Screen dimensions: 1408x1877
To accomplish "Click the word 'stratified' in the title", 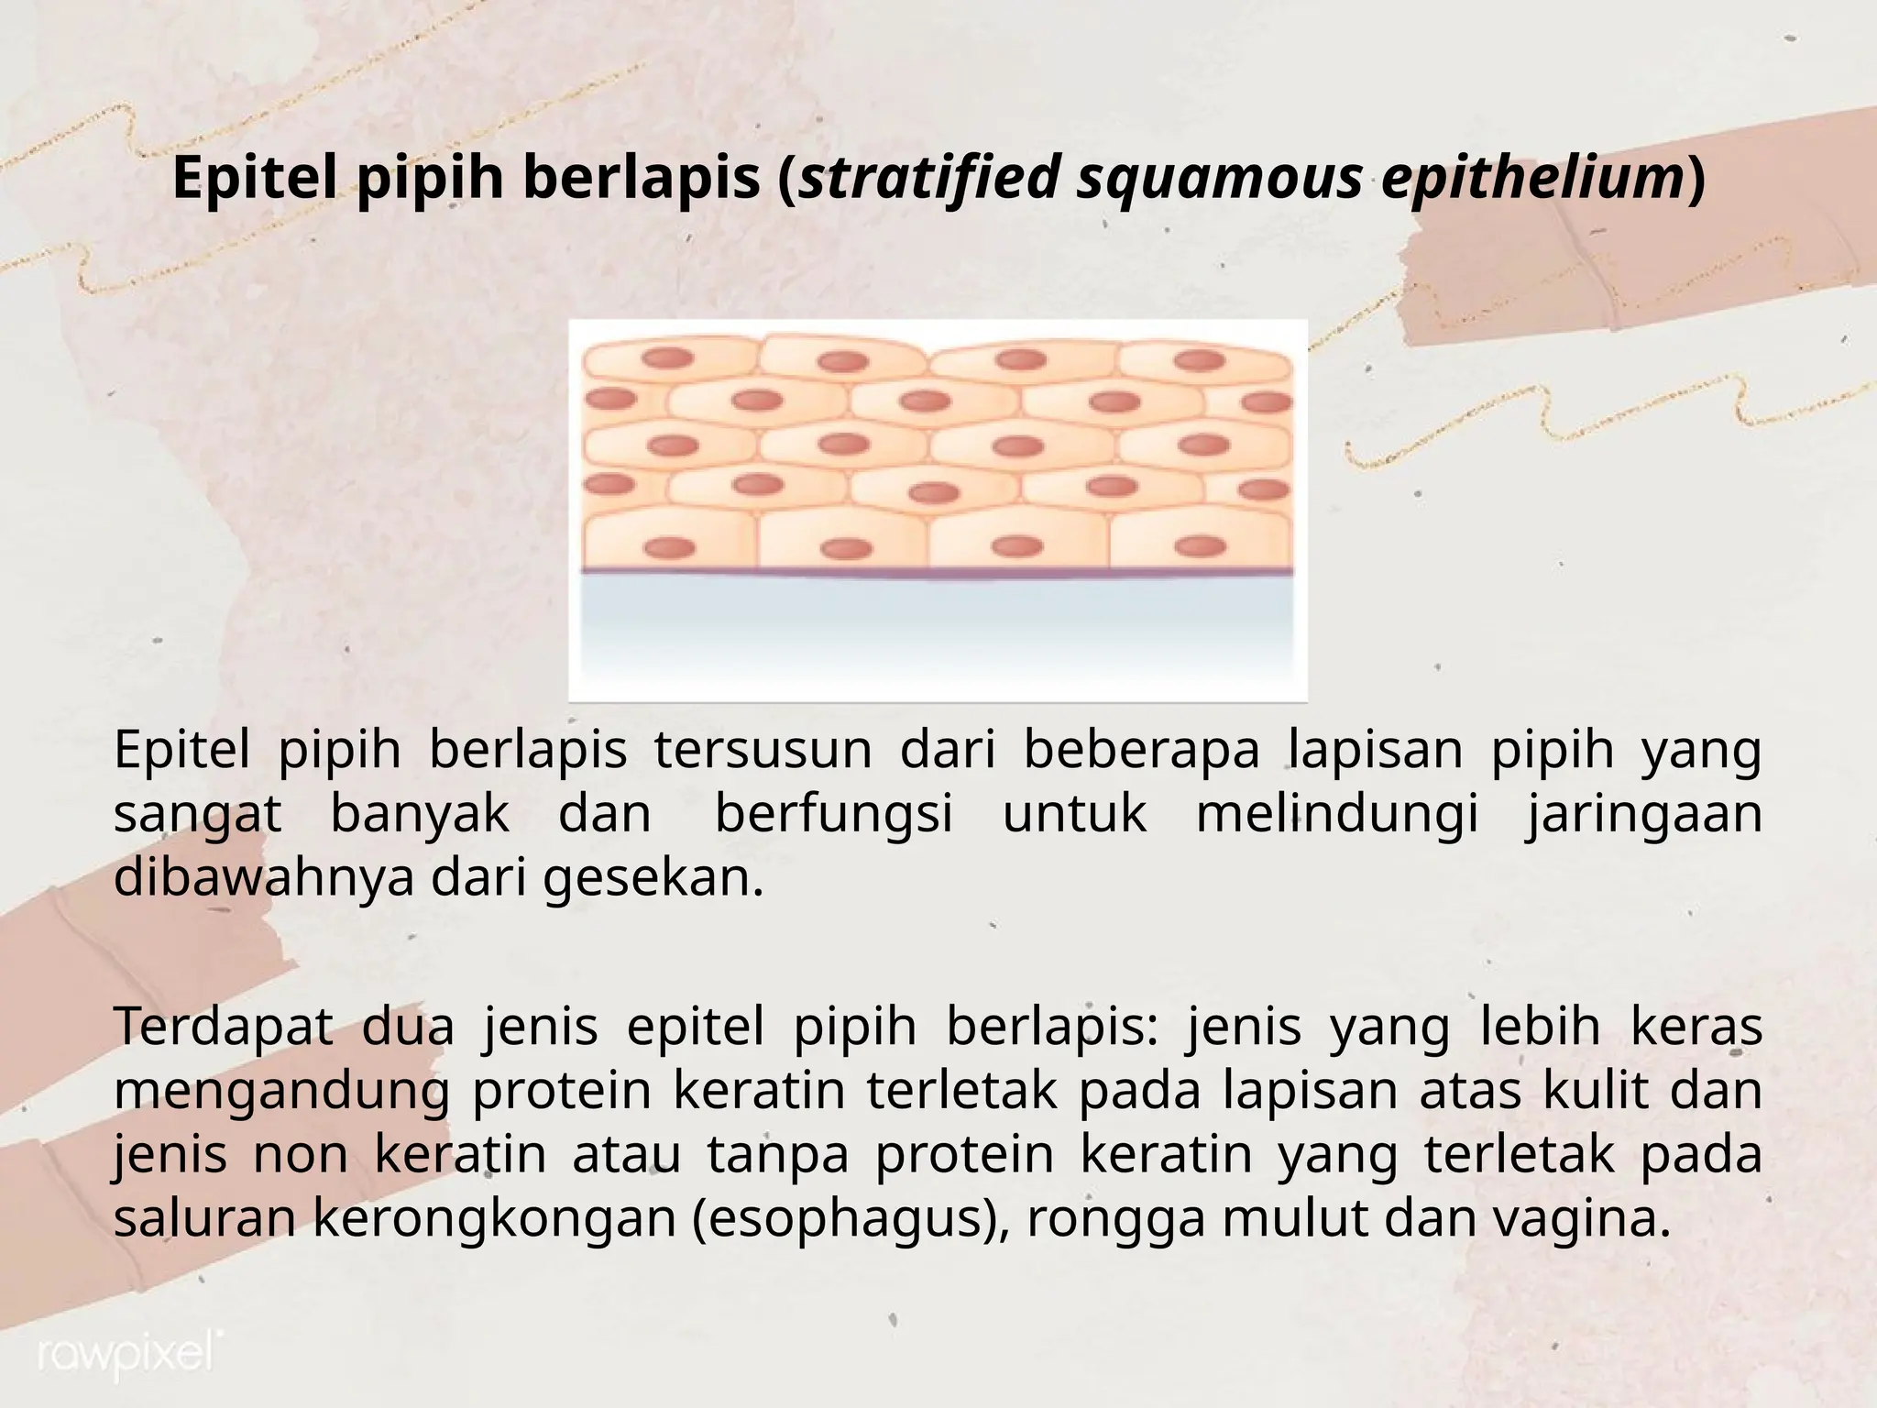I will pos(928,179).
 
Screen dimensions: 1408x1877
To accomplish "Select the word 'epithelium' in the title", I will pos(1532,179).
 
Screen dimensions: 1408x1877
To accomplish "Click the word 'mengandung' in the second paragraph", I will pos(281,1093).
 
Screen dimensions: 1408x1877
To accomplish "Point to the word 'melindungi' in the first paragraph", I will pos(1337,814).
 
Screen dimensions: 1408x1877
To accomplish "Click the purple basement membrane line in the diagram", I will pos(937,573).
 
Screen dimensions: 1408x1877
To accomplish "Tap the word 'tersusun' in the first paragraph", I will pos(763,750).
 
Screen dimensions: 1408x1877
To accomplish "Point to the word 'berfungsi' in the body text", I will pos(833,814).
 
